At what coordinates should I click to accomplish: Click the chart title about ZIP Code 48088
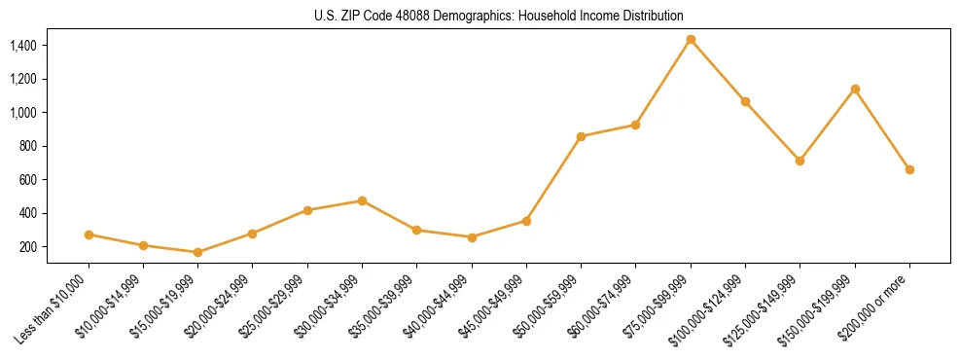pyautogui.click(x=499, y=17)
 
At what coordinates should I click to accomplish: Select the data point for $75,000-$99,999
pyautogui.click(x=691, y=40)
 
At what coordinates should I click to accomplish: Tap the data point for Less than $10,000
pyautogui.click(x=89, y=234)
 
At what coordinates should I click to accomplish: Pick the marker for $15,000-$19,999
pyautogui.click(x=198, y=252)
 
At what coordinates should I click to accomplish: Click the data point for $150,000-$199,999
pyautogui.click(x=855, y=89)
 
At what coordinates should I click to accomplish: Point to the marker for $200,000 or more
pyautogui.click(x=909, y=169)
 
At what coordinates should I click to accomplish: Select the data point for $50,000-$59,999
pyautogui.click(x=581, y=137)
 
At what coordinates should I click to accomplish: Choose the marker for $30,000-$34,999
pyautogui.click(x=362, y=200)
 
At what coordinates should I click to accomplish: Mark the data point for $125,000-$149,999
pyautogui.click(x=800, y=161)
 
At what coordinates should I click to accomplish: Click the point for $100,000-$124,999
pyautogui.click(x=745, y=101)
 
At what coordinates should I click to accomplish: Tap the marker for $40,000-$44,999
pyautogui.click(x=472, y=237)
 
